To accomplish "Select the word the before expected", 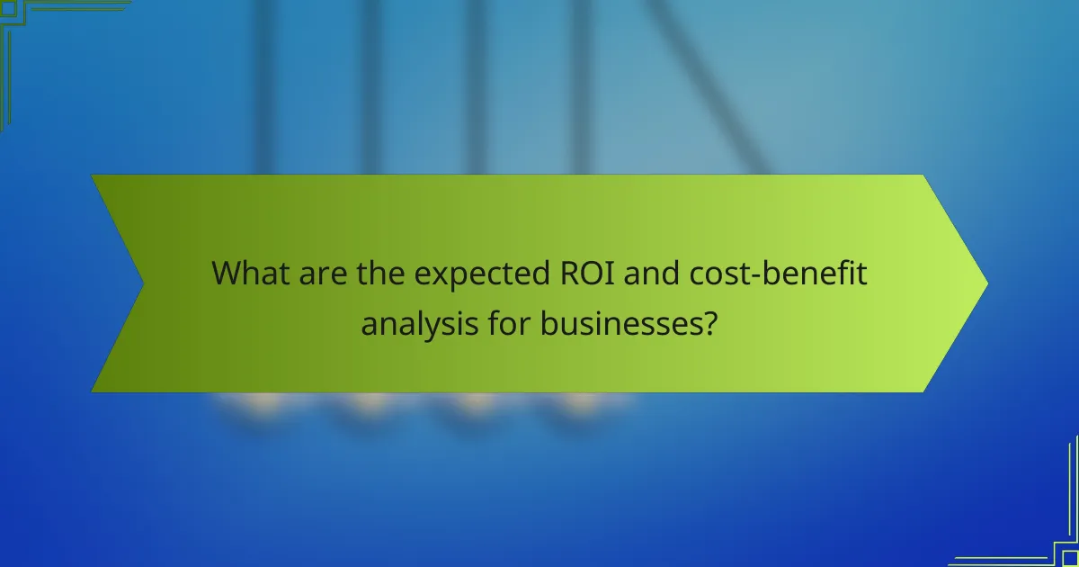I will (x=381, y=274).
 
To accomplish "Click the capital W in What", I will (x=227, y=274).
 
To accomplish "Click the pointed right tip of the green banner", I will (x=985, y=283).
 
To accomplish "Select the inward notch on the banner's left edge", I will (x=142, y=283).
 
